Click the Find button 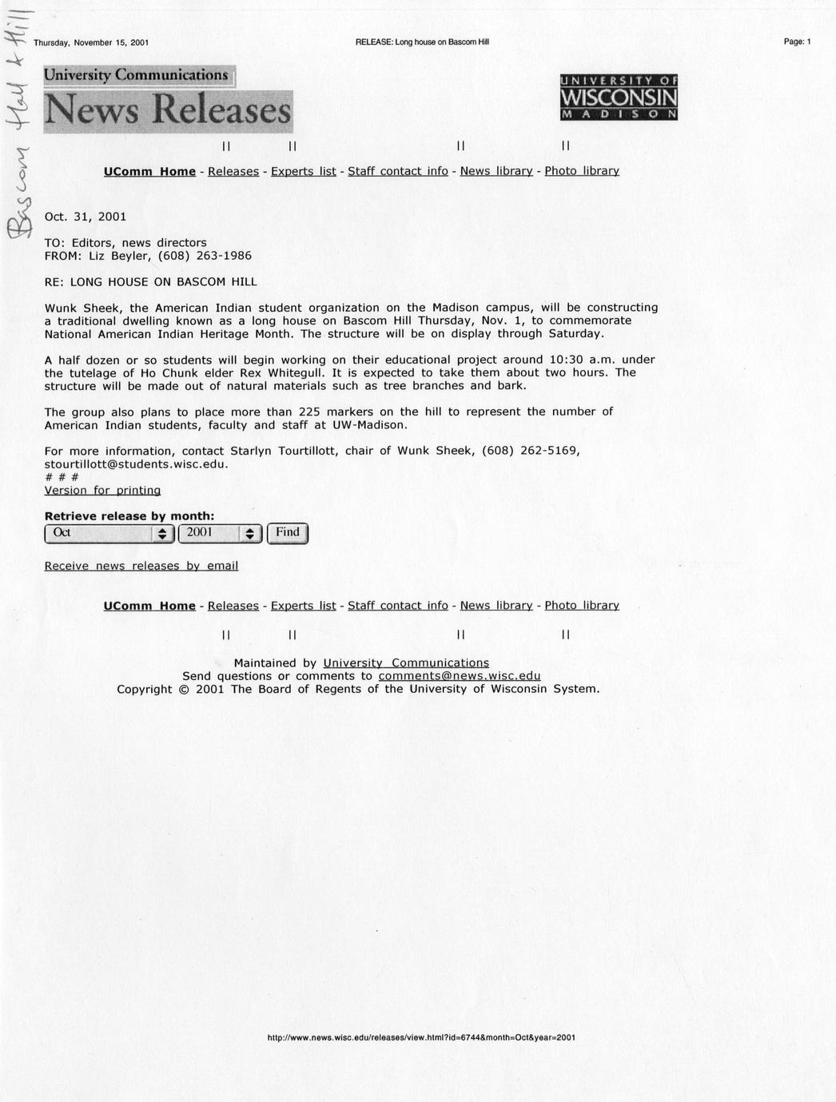(x=287, y=533)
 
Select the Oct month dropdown (x=109, y=533)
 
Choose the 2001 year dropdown (x=220, y=533)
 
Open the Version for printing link (x=102, y=490)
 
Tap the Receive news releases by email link (x=141, y=566)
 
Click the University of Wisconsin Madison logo (x=619, y=97)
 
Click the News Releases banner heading (x=168, y=110)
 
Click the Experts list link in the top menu (x=303, y=171)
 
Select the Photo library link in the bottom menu (x=581, y=606)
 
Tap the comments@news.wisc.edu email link (x=459, y=676)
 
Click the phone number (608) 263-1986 (x=205, y=256)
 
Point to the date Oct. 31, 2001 (x=85, y=217)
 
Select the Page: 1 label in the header (x=797, y=42)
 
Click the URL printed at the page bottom (x=420, y=1038)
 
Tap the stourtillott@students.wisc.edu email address (x=136, y=463)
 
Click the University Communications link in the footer (x=405, y=663)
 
